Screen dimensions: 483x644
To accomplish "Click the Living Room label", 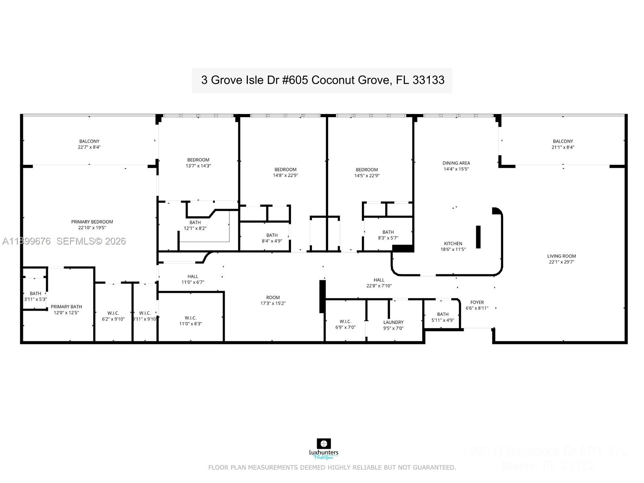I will tap(561, 256).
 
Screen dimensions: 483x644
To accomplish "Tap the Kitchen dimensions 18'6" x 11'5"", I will tap(453, 249).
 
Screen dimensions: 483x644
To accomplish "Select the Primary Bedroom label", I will tap(92, 222).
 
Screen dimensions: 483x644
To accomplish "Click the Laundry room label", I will tap(393, 322).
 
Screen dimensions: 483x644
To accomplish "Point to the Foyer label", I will tap(477, 303).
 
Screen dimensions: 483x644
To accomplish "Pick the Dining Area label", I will tap(456, 163).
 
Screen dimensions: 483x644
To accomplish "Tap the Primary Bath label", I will tap(66, 307).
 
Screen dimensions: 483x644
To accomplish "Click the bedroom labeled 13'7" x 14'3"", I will tap(198, 163).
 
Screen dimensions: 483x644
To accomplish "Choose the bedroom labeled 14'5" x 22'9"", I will tap(366, 172).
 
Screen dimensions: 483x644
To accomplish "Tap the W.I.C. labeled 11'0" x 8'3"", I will tap(190, 321).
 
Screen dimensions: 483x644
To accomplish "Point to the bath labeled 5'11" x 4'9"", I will tap(442, 317).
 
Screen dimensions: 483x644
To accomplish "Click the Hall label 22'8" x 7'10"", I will tap(379, 283).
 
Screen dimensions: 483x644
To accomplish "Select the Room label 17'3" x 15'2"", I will tap(272, 301).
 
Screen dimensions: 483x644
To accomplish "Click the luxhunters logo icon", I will tap(324, 444).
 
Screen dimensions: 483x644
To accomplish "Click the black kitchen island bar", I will tap(478, 237).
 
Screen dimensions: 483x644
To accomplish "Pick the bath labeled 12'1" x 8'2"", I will tap(195, 225).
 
